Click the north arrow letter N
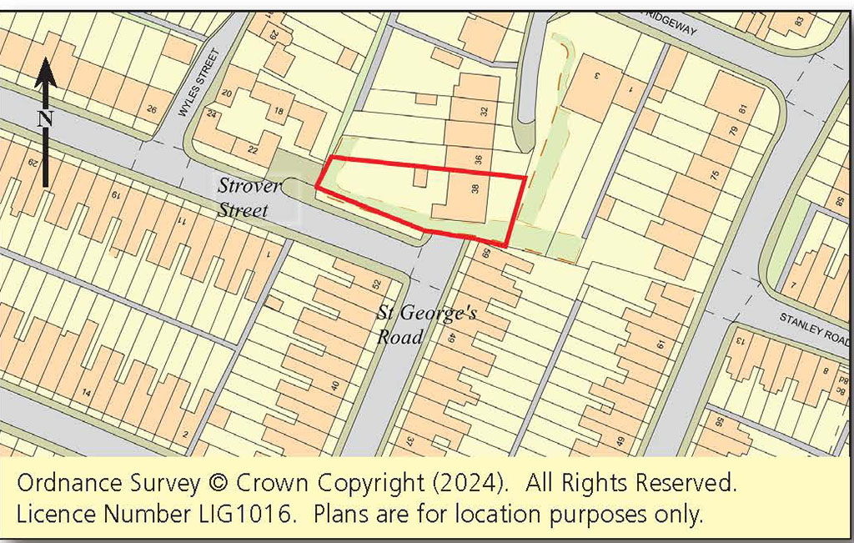[45, 118]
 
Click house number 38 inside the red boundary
[475, 189]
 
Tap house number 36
[478, 159]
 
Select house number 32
[483, 108]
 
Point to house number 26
[151, 108]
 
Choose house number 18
[279, 111]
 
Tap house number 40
[336, 385]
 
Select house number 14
[86, 393]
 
